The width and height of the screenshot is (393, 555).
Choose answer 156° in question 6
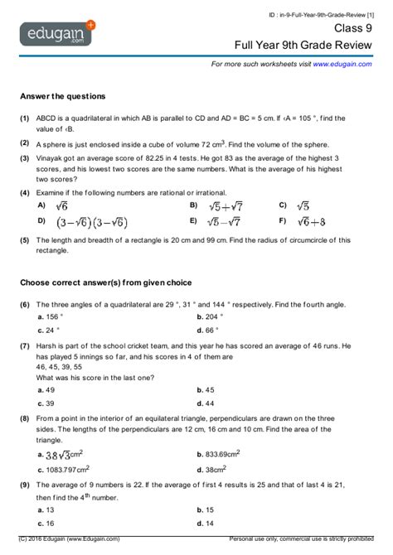pos(54,316)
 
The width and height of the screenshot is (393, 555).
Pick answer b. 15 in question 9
pos(210,510)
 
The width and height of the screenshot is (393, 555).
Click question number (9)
pos(26,485)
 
